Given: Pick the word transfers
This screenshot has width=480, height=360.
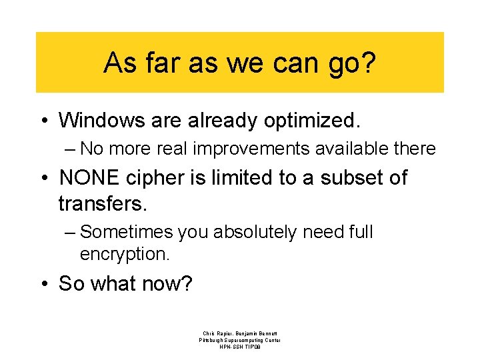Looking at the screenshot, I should click(102, 202).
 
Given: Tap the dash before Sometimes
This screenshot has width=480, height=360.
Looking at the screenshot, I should click(71, 233).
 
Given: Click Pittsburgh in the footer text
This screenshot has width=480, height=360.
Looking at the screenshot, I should click(211, 340).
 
